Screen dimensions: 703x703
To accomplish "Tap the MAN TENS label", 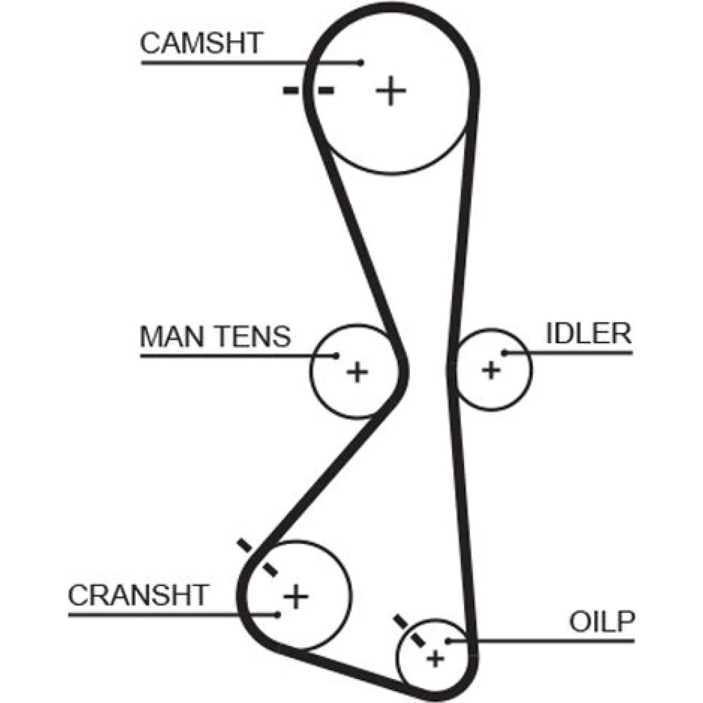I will [215, 337].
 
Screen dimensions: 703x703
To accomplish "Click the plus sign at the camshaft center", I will [391, 91].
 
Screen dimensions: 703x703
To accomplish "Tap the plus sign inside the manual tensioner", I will [357, 370].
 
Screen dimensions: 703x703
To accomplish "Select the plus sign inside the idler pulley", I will [491, 368].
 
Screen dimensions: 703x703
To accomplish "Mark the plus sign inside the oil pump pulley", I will [437, 659].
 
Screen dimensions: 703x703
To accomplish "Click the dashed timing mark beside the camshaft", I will [309, 90].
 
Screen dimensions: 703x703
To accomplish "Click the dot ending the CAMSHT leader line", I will [361, 63].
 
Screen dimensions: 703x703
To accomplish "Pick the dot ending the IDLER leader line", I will [504, 352].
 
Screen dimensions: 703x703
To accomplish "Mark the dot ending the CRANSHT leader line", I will [279, 614].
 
